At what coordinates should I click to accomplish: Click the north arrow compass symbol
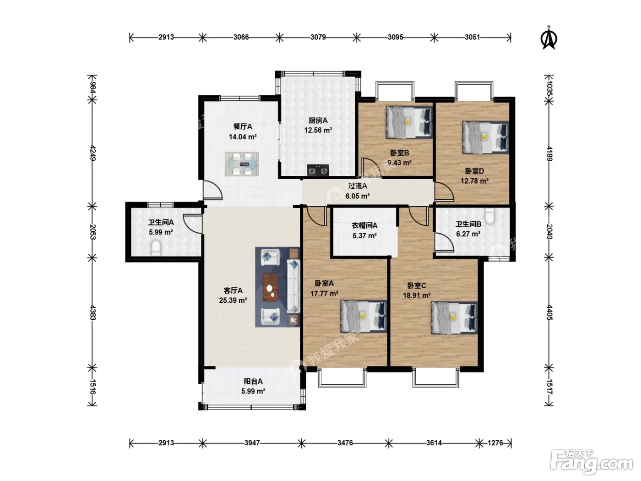coord(549,38)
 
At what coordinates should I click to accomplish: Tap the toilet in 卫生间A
coord(156,248)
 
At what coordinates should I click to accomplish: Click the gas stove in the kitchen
coord(318,170)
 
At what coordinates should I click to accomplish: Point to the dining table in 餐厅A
coord(241,164)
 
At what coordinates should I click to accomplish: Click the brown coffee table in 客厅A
coord(271,287)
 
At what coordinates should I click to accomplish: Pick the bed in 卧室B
coord(409,122)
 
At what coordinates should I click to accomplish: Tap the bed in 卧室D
coord(485,137)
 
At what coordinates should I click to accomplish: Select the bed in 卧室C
coord(454,318)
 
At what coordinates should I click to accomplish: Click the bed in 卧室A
coord(364,316)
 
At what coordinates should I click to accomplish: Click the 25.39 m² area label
coord(233,300)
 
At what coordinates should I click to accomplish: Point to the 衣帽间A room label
coord(364,225)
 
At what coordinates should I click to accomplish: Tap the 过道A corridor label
coord(358,186)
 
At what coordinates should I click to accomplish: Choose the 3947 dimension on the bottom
coord(252,443)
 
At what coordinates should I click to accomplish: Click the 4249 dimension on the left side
coord(92,153)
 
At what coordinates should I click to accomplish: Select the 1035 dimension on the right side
coord(549,88)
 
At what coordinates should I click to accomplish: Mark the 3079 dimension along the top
coord(318,37)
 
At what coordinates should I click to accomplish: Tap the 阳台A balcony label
coord(253,381)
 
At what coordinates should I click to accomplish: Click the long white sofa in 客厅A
coord(293,286)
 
